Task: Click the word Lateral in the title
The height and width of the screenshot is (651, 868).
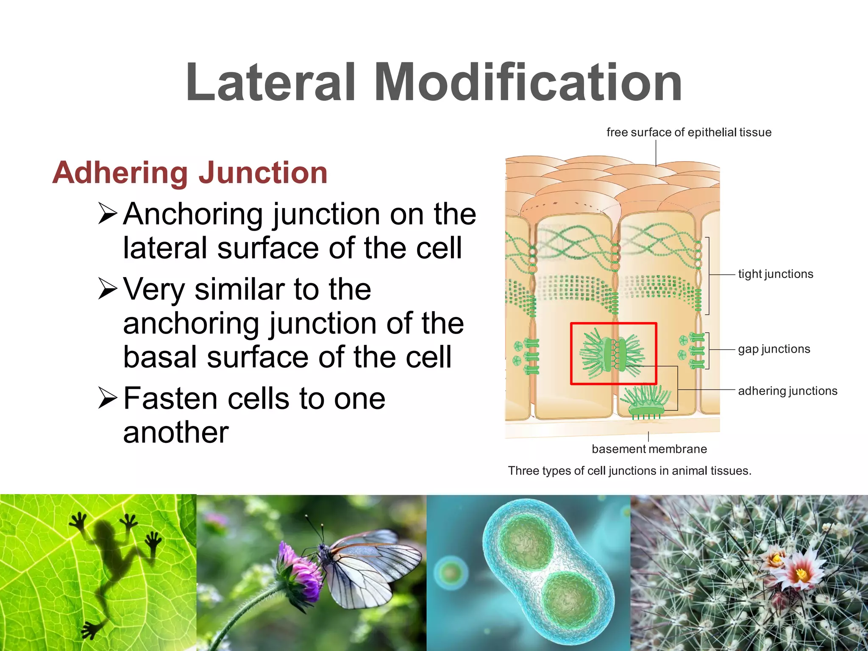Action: (270, 83)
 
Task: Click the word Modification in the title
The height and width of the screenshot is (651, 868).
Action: (528, 83)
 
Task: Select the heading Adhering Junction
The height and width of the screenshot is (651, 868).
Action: (190, 173)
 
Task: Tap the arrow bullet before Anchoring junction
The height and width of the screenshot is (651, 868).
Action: (107, 214)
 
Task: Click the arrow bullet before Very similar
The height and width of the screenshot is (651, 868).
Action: (107, 289)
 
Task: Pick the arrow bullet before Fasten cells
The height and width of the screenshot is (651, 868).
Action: (107, 398)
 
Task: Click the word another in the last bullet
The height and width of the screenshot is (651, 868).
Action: (176, 433)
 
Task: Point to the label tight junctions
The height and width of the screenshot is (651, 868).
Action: (776, 274)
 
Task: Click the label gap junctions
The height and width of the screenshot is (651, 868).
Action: (774, 349)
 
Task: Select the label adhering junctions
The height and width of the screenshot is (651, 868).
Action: (787, 391)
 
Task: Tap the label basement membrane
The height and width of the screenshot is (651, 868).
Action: (649, 449)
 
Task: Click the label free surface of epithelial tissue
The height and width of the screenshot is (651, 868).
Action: (689, 133)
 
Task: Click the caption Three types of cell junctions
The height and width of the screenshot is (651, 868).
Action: (629, 471)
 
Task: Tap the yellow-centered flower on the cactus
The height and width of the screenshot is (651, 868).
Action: (801, 574)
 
